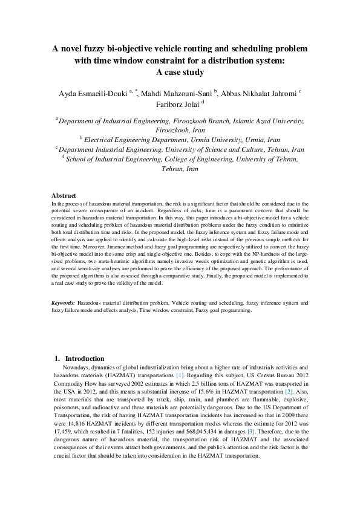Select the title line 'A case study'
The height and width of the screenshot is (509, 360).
click(180, 73)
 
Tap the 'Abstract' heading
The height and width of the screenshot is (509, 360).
click(64, 196)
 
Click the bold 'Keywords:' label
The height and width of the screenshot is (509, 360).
click(64, 301)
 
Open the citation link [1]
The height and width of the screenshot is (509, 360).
click(179, 375)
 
